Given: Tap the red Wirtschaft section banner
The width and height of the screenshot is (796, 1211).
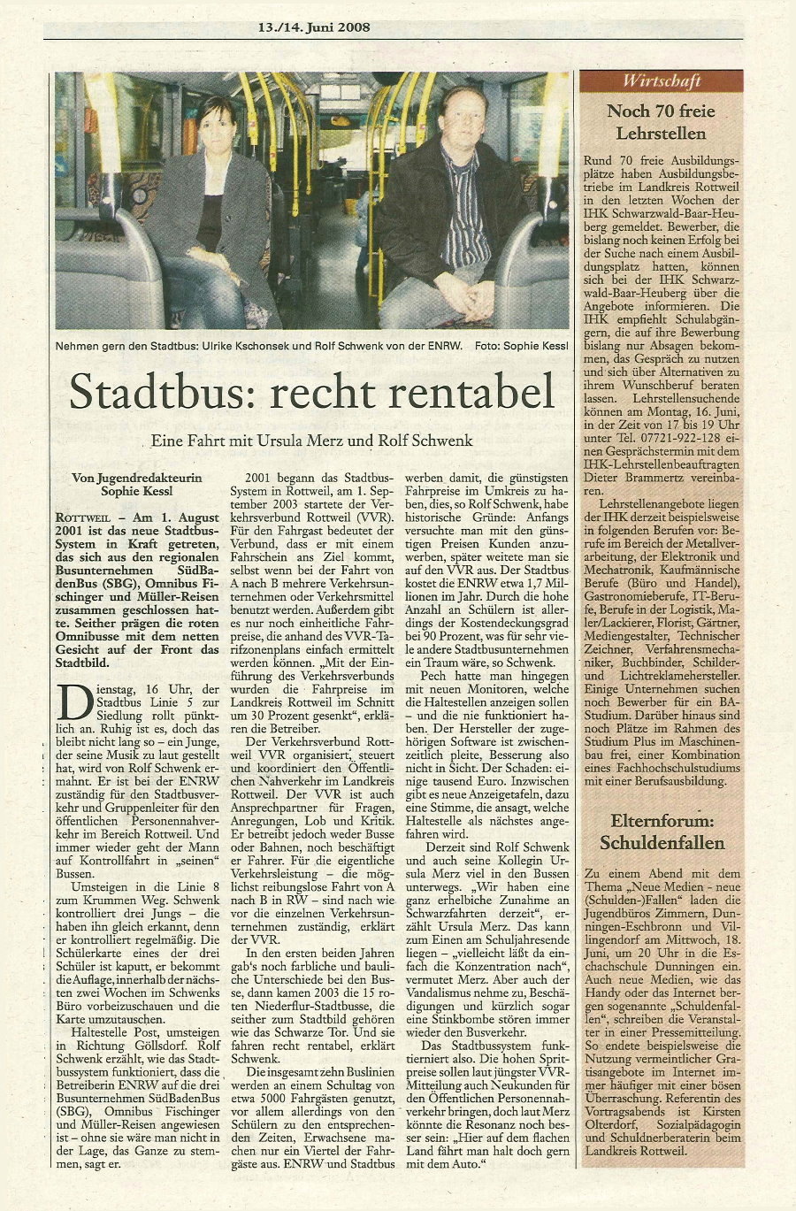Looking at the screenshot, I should pyautogui.click(x=662, y=81).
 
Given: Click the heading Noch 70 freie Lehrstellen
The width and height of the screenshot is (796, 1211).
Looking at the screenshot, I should pyautogui.click(x=661, y=122).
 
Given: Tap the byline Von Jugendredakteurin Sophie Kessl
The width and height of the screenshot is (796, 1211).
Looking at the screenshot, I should pyautogui.click(x=136, y=484).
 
